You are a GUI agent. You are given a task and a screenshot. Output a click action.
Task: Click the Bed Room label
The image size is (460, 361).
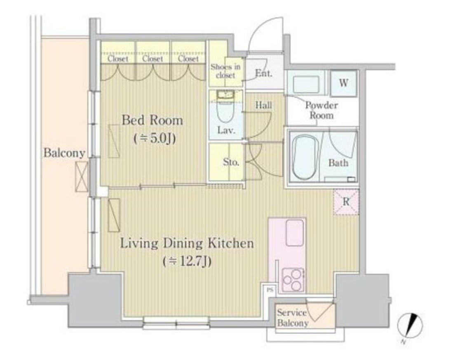pos(152,120)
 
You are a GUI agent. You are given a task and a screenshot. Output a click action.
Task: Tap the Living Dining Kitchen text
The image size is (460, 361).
pos(187,244)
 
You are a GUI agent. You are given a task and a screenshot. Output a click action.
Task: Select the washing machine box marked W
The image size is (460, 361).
pos(343,83)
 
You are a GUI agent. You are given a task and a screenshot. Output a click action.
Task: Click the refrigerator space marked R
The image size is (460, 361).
pos(346,202)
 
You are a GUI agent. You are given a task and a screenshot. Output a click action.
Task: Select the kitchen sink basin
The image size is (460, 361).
pos(294,232)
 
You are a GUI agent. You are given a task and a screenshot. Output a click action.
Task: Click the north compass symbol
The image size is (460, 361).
pos(410,326)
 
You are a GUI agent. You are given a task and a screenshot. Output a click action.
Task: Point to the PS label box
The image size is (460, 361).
pos(270,290)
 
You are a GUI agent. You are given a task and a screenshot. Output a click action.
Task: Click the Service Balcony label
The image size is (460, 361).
pos(293,318)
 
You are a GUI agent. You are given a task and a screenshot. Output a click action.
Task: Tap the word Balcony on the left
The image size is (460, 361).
pos(64,153)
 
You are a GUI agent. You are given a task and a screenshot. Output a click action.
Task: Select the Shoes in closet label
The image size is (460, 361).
pos(225,71)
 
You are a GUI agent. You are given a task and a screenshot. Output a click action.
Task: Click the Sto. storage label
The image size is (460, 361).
pos(231,162)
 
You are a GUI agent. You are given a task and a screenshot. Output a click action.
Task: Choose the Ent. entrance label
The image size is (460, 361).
pos(263,73)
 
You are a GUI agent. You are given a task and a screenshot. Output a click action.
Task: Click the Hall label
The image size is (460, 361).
pos(263,105)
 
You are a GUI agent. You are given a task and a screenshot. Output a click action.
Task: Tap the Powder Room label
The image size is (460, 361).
pos(322,110)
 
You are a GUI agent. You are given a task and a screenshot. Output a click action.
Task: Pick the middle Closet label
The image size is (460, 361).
pos(153,59)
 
